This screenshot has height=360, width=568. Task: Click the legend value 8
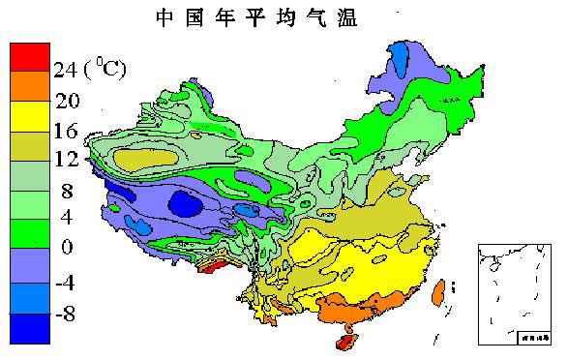point(66,191)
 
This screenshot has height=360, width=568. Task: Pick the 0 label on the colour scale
point(67,247)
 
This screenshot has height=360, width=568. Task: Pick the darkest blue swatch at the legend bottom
point(28,328)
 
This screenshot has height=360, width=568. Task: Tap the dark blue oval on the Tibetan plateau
point(184,203)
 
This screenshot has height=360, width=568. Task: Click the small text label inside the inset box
point(530,338)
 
